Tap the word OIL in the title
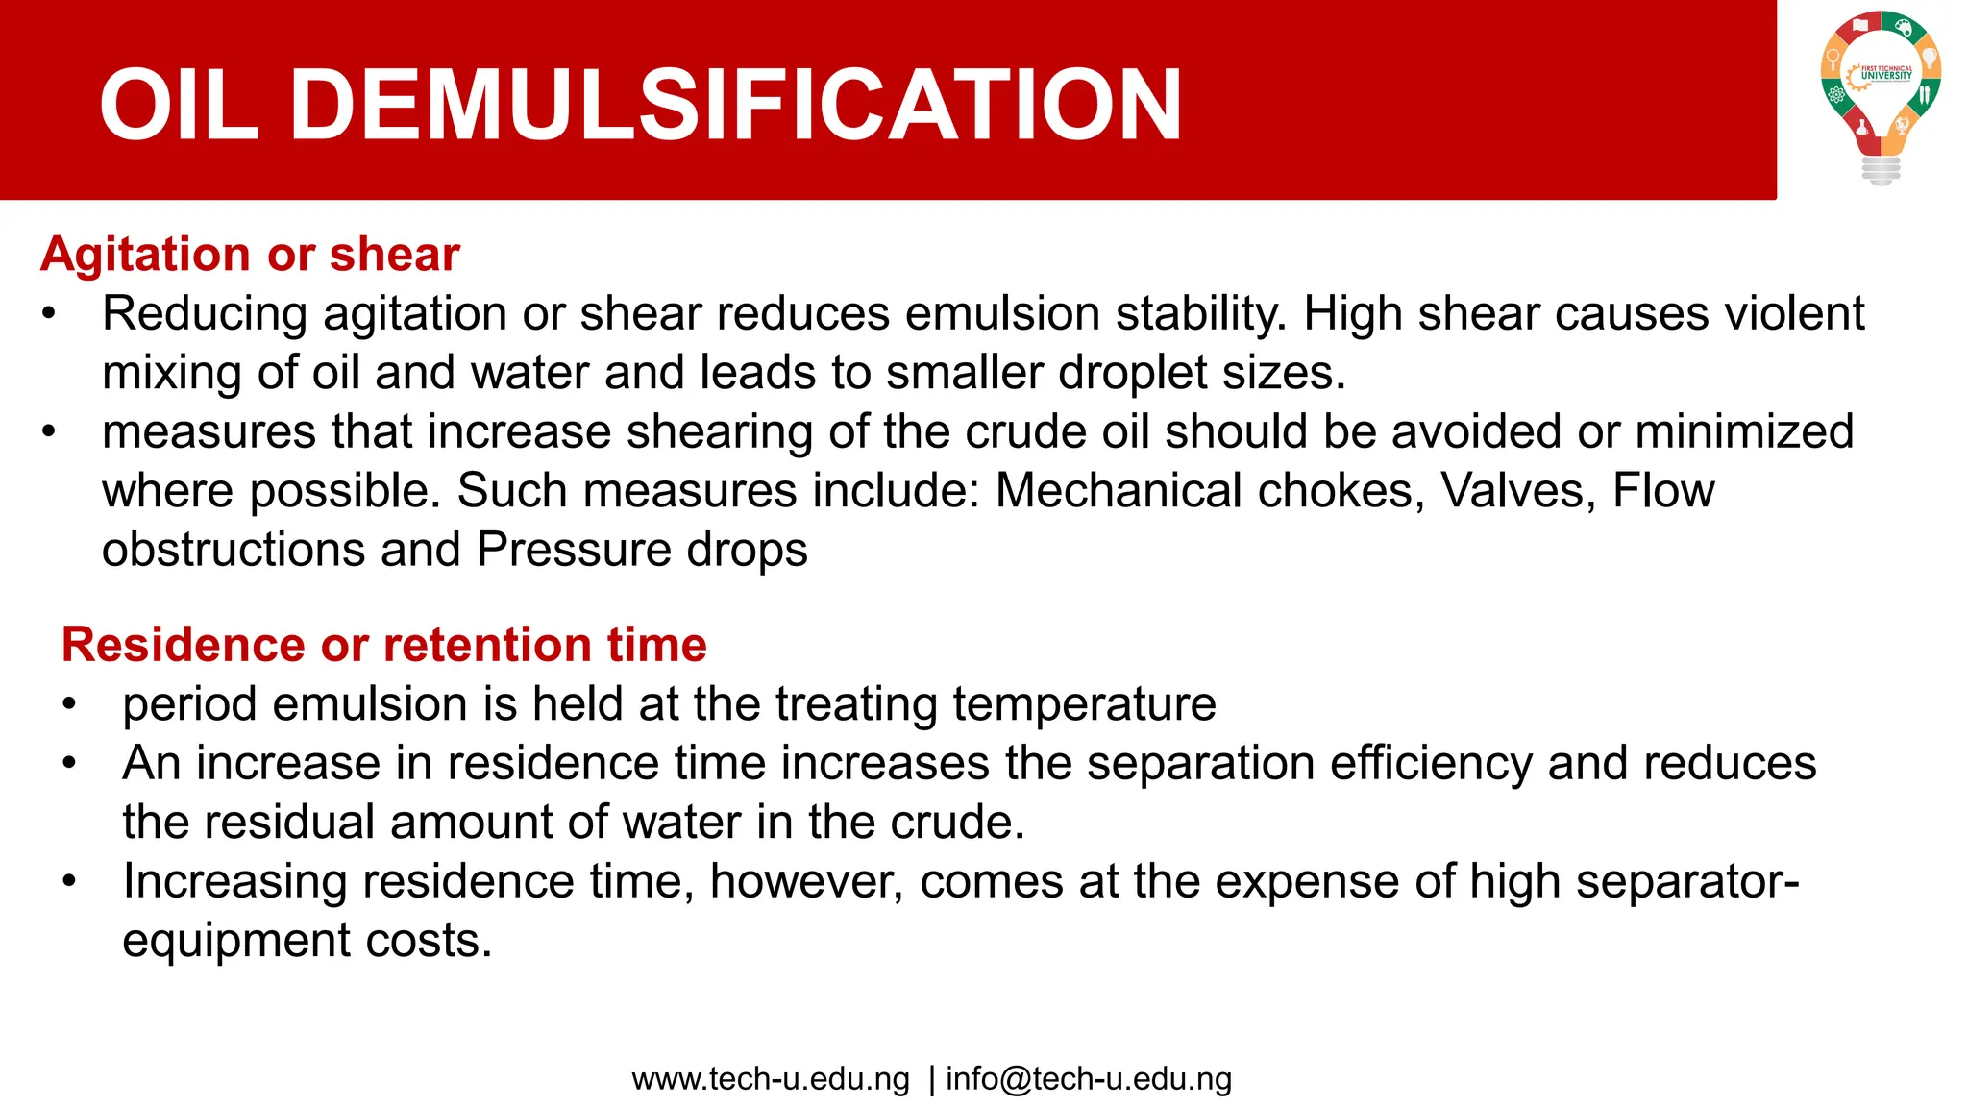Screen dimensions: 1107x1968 point(179,105)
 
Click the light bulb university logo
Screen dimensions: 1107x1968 point(1881,96)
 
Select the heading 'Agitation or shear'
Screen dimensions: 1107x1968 point(250,255)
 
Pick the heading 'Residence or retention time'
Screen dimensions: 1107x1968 point(384,645)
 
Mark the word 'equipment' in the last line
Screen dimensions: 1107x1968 point(235,941)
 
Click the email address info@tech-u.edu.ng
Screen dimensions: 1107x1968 point(1089,1079)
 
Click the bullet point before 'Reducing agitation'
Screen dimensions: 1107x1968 point(50,314)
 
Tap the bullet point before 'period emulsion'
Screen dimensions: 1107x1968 point(69,704)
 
